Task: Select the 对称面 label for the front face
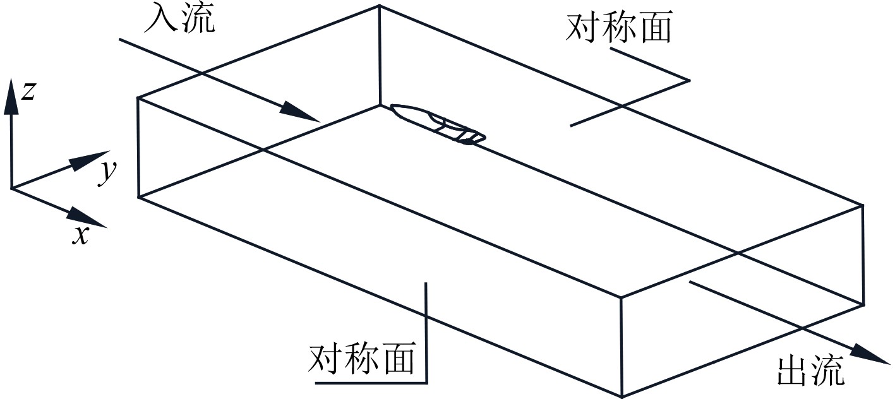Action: tap(362, 359)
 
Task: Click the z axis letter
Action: tap(27, 92)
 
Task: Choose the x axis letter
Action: tap(80, 235)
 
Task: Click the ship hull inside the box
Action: tap(438, 124)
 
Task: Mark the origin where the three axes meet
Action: tap(11, 188)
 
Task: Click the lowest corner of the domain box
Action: tap(622, 396)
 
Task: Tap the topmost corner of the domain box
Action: tap(379, 5)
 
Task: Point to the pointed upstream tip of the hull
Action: tap(393, 107)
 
